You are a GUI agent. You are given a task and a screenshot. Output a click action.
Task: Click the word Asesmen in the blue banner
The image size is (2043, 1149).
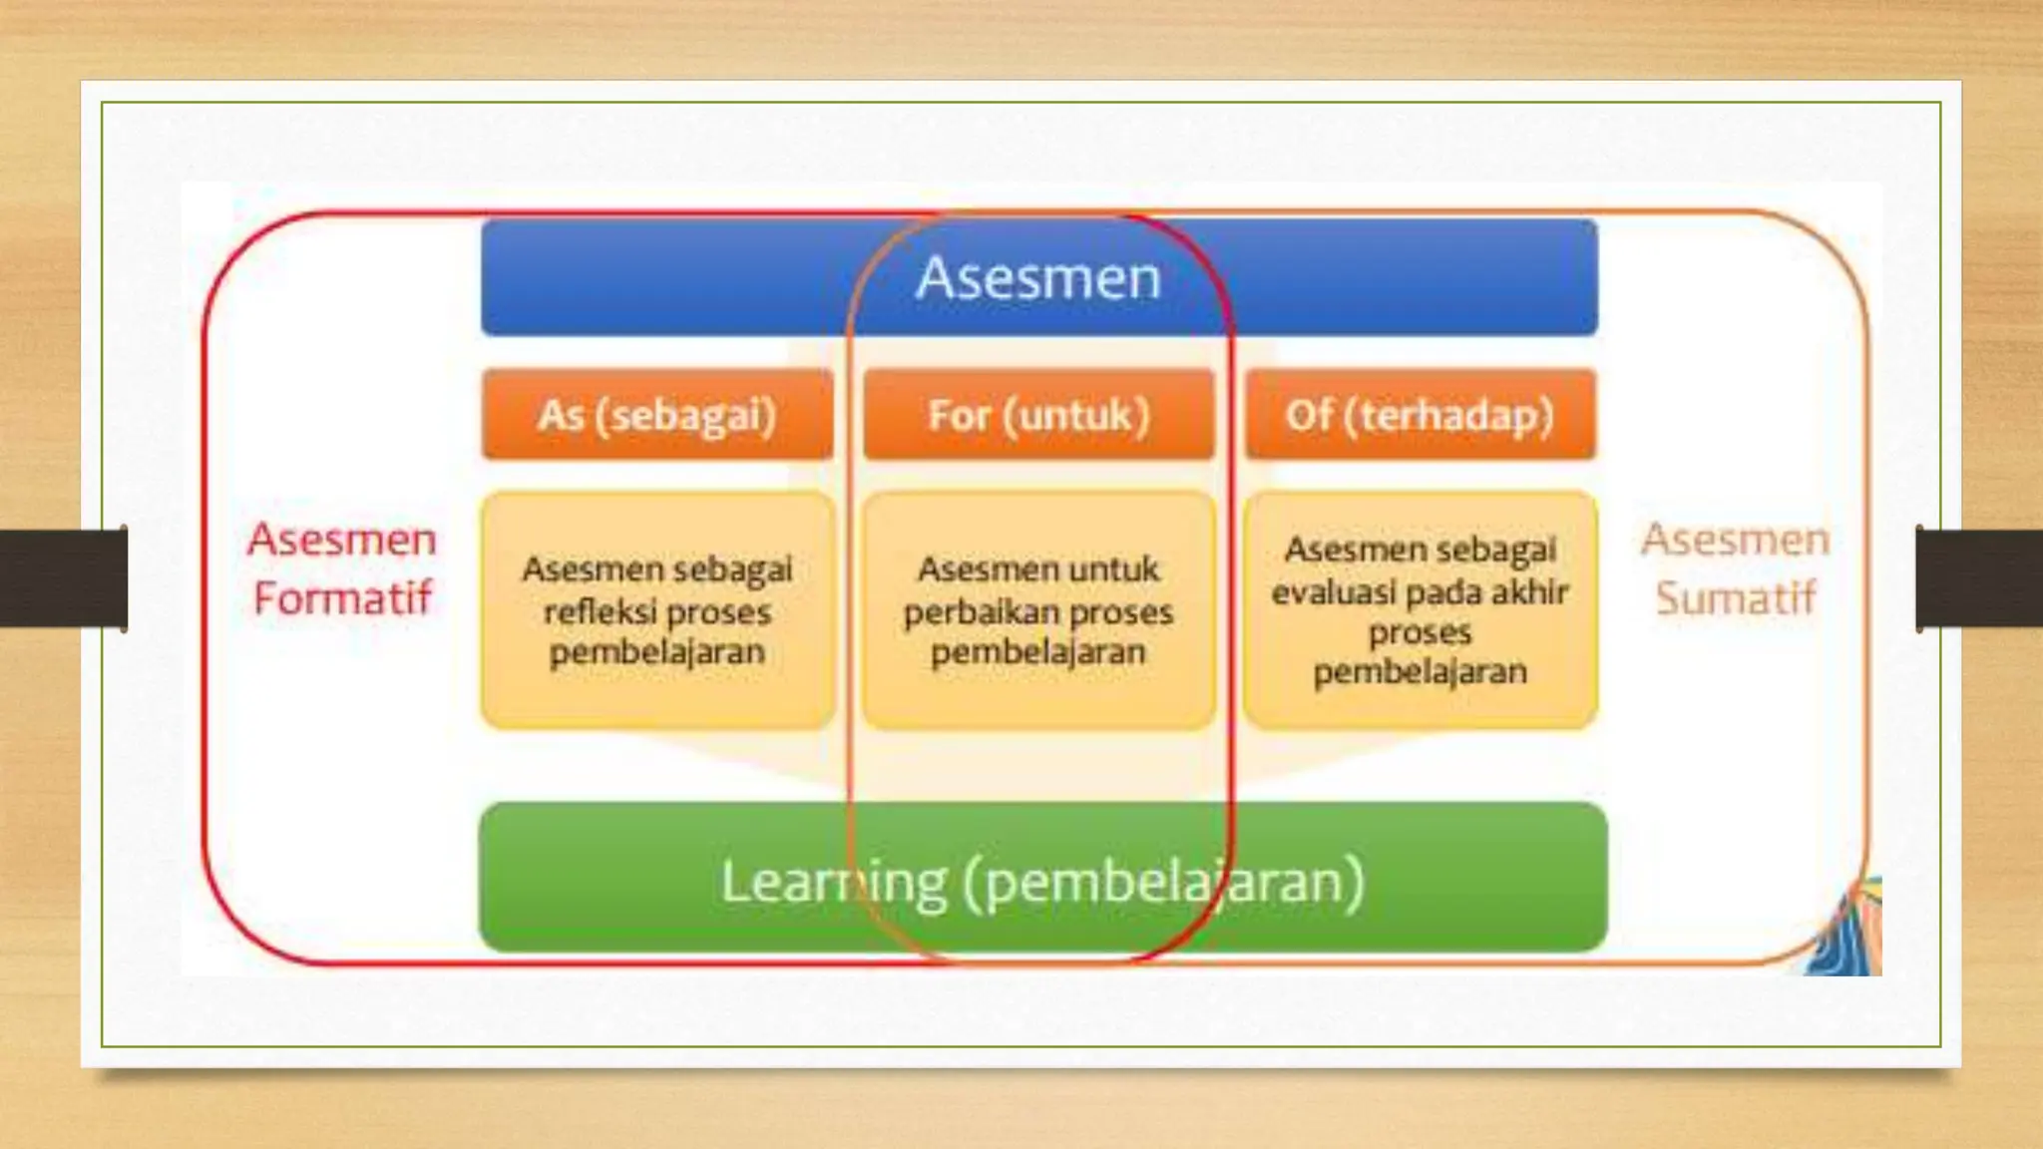[x=1038, y=277]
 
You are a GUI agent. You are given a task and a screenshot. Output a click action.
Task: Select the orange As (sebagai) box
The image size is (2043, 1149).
[x=656, y=415]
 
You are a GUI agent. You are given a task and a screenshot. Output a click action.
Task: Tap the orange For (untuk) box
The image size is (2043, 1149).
[x=1038, y=415]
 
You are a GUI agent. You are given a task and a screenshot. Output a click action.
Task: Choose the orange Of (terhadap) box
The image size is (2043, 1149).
[x=1420, y=415]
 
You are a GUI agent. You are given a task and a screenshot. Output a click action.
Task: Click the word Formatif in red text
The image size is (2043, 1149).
[x=342, y=598]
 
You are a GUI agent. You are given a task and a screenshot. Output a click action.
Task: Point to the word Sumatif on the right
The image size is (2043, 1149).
[x=1736, y=598]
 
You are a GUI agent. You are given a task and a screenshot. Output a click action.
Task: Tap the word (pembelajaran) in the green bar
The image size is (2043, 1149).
[x=1163, y=882]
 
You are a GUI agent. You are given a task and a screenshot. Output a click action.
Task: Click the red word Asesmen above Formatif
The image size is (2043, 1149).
[x=342, y=540]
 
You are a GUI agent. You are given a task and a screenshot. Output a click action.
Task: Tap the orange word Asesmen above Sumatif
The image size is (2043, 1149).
[x=1736, y=540]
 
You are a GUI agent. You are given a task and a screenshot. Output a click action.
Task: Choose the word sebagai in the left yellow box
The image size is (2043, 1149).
[x=738, y=571]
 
